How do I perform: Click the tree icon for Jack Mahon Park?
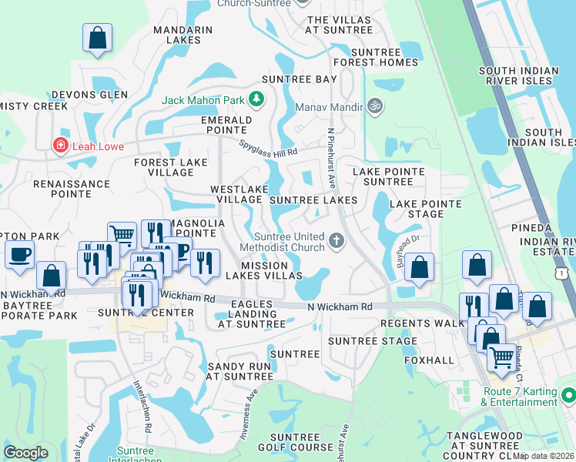tap(256, 99)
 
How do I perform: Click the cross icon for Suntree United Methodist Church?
tap(335, 241)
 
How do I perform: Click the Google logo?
tap(26, 453)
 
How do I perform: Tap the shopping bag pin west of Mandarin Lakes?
tap(98, 38)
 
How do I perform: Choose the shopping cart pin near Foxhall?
tap(501, 357)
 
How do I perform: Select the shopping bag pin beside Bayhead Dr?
tap(419, 268)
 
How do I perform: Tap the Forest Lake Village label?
tap(170, 168)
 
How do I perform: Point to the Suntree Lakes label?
tap(313, 200)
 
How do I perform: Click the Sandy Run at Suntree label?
tap(239, 371)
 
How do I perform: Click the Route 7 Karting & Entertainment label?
tap(520, 397)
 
